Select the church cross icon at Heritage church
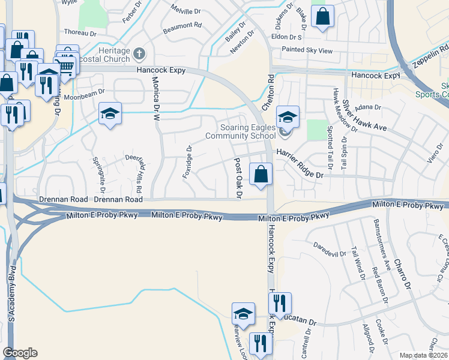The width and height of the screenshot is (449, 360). click(x=139, y=53)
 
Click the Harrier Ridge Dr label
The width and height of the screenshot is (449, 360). click(x=300, y=164)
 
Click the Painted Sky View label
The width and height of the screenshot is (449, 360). click(x=307, y=51)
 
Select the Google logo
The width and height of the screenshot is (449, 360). click(x=20, y=353)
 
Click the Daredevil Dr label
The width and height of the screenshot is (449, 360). click(x=330, y=249)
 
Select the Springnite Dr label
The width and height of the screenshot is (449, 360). click(x=99, y=171)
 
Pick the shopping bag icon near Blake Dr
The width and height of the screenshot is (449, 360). click(x=322, y=18)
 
